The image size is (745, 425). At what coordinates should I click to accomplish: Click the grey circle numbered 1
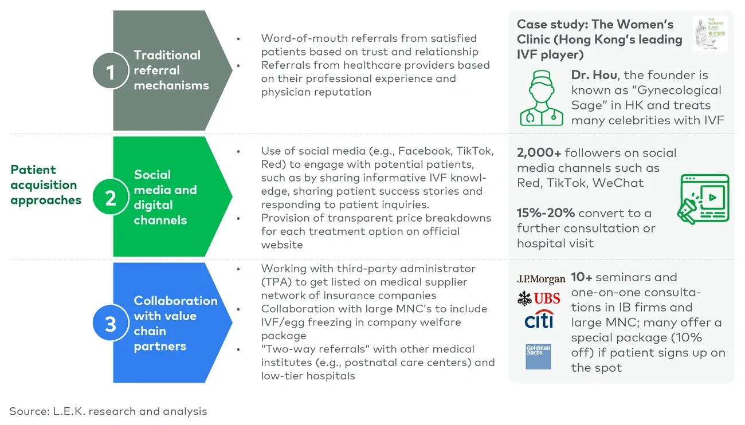pos(111,71)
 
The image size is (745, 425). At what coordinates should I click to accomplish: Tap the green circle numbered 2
pos(111,198)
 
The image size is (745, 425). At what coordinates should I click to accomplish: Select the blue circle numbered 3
pos(111,324)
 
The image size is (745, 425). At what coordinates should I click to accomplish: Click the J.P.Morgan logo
pos(541,279)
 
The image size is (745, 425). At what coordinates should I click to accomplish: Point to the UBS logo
pos(539,298)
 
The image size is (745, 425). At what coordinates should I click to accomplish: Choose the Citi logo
pos(539,320)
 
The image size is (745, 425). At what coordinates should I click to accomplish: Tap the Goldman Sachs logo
pos(538,356)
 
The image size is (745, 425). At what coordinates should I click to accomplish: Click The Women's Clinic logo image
pos(709,34)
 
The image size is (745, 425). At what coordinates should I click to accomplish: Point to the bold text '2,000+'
pos(539,153)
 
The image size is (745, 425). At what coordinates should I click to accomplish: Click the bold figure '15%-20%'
pos(546,213)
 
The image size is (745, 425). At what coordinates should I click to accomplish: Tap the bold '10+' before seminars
pos(581,277)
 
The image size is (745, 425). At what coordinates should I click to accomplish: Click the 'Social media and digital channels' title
pos(165,198)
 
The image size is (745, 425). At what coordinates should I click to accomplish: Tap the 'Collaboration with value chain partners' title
pos(175,324)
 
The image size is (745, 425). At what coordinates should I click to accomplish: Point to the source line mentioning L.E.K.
pos(108,411)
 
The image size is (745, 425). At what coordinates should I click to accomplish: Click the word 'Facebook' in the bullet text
pos(424,151)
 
